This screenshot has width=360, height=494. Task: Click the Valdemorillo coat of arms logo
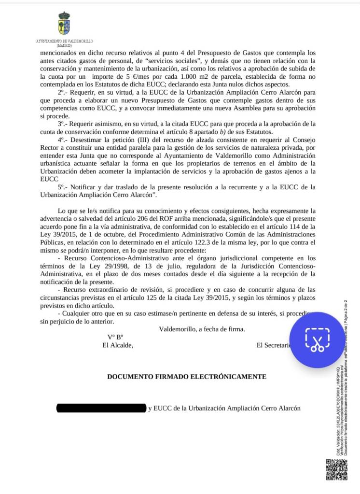pos(64,24)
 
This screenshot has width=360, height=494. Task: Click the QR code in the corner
pos(336,469)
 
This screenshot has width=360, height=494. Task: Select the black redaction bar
pos(101,408)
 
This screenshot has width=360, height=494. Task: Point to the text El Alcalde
pos(117,345)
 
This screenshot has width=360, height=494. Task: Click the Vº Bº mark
pos(115,337)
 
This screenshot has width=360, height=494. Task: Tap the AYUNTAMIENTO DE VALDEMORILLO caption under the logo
pos(64,42)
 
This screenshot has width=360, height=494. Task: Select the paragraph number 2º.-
pos(64,92)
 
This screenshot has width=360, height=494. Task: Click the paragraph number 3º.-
pos(64,124)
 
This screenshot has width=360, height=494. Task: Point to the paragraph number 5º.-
pos(64,187)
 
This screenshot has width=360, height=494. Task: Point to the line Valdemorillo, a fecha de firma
pos(202,329)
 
